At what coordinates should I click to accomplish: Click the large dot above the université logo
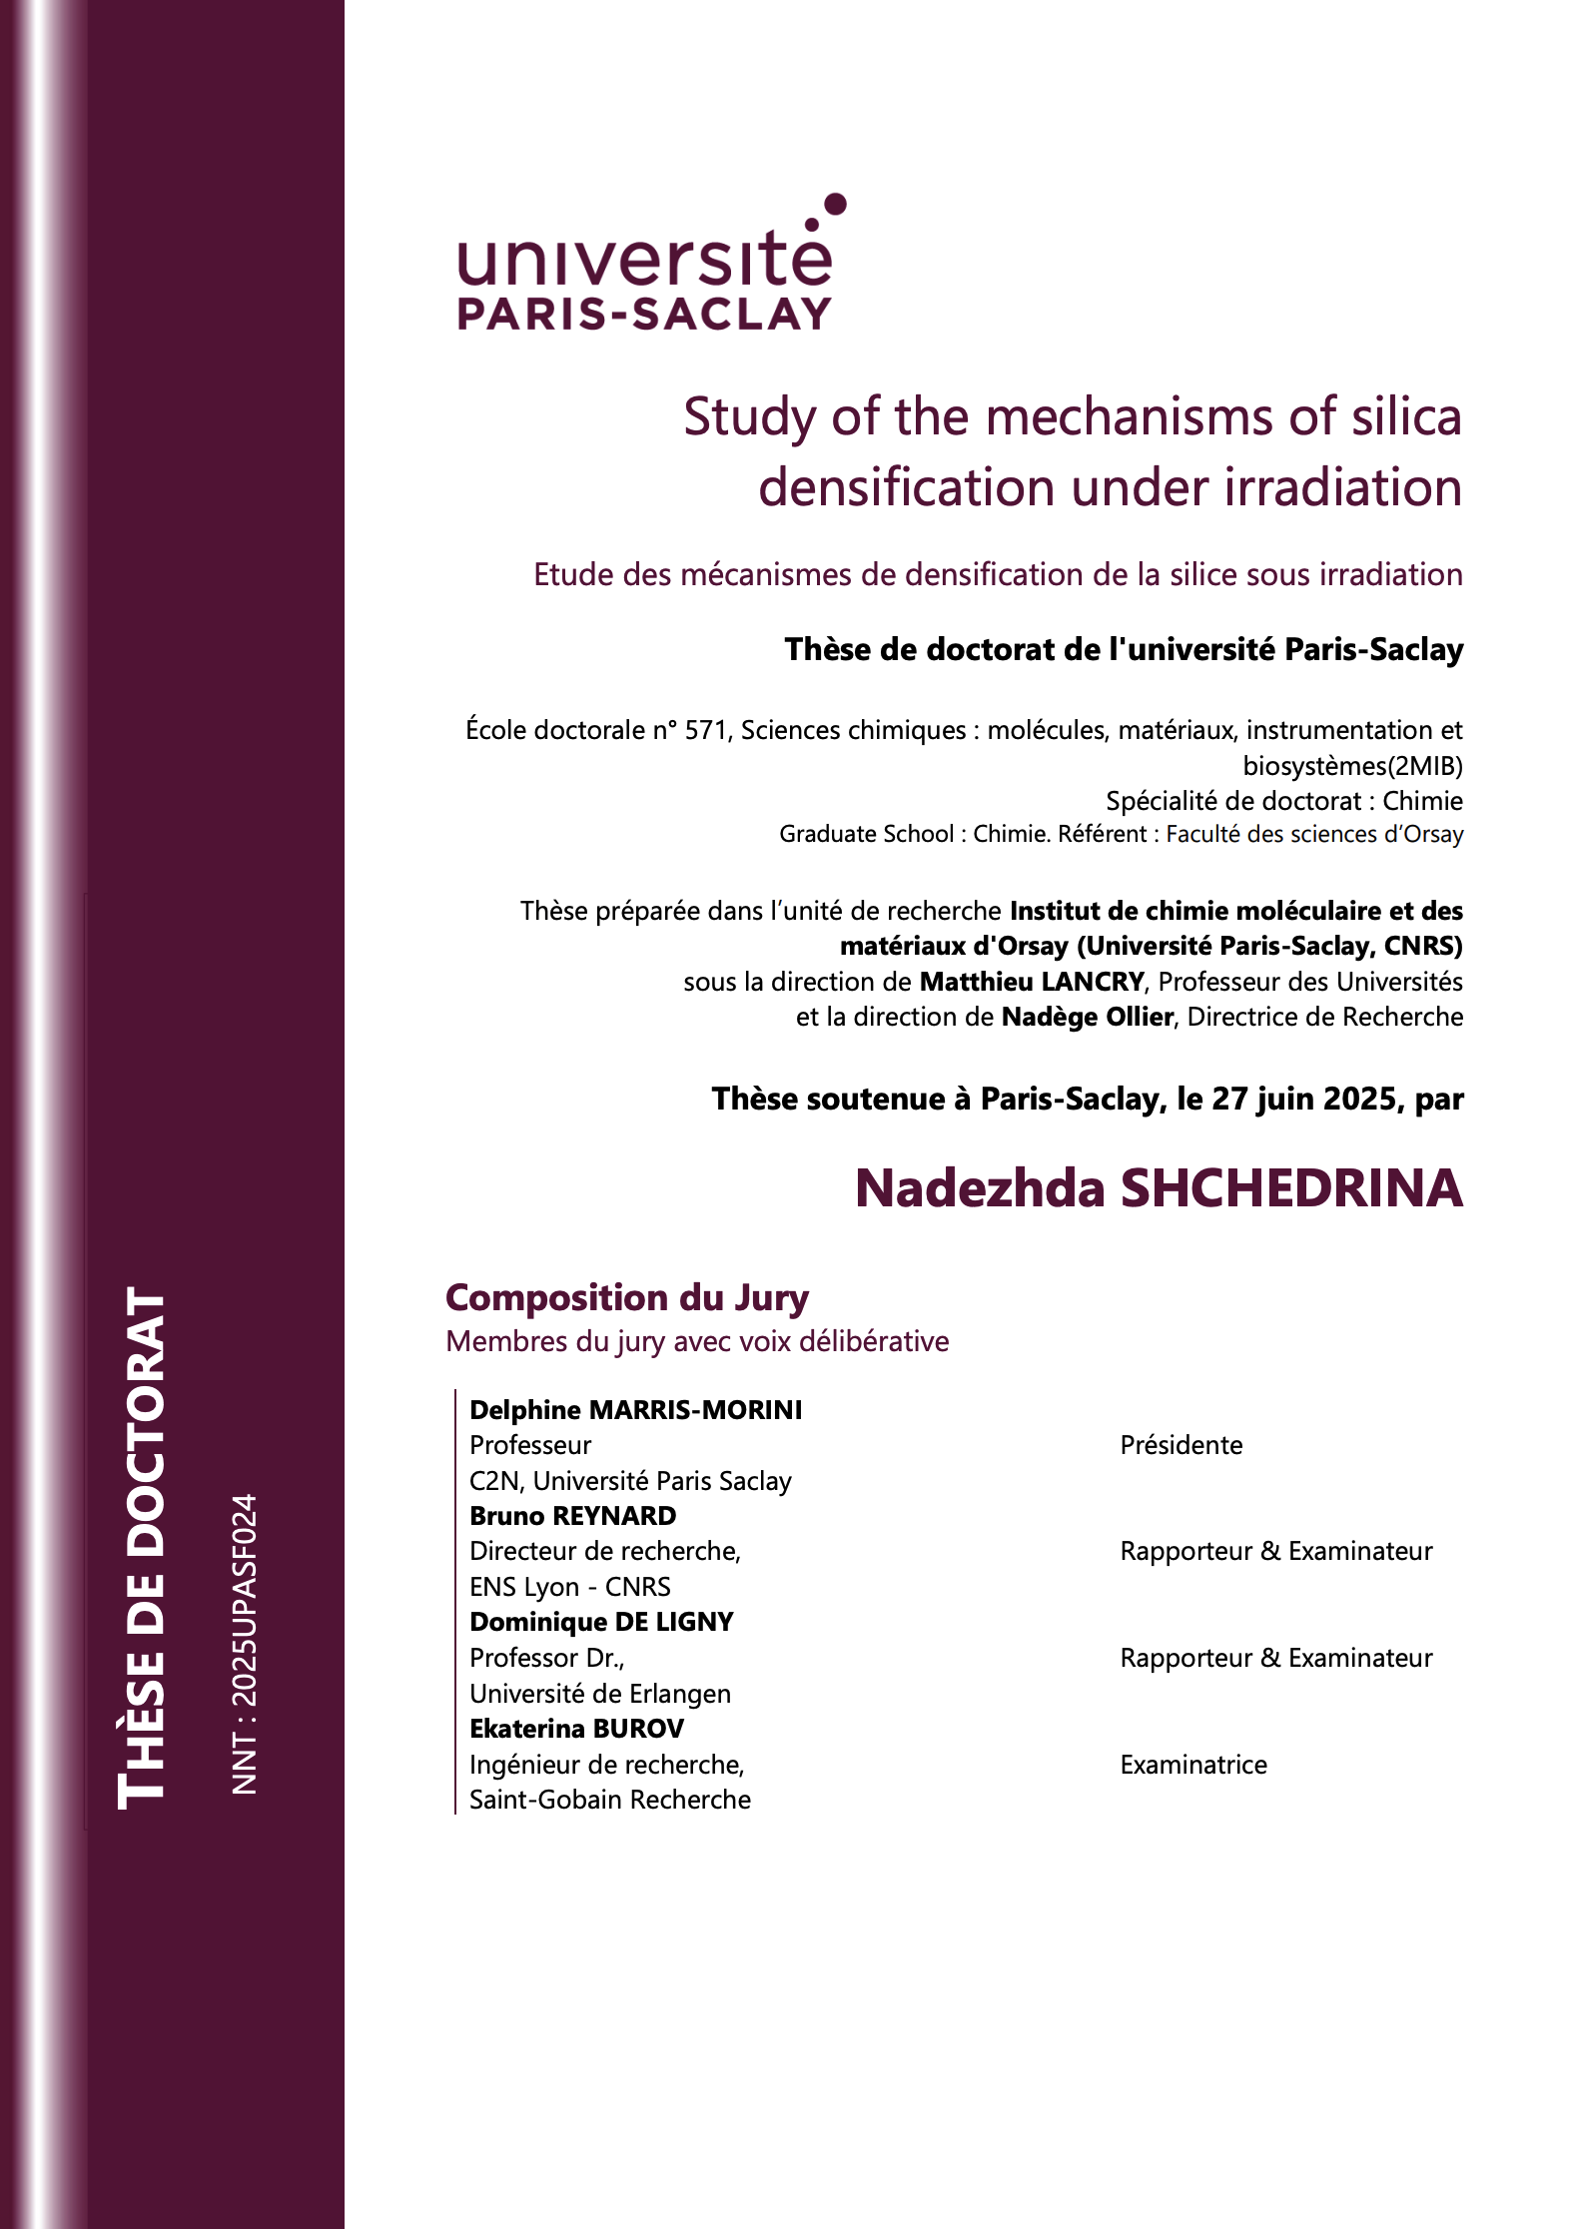click(x=836, y=205)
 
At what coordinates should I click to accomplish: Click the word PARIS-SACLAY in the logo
click(x=644, y=315)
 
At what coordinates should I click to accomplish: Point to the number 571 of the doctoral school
click(x=705, y=731)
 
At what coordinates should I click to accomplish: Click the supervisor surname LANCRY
click(x=1093, y=982)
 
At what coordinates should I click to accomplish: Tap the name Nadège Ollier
click(x=1087, y=1017)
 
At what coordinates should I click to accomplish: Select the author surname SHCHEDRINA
click(x=1291, y=1188)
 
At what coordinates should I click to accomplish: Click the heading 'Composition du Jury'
click(x=627, y=1297)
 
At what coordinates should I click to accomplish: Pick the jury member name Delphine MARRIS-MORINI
click(x=636, y=1410)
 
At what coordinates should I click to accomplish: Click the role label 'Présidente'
click(x=1181, y=1445)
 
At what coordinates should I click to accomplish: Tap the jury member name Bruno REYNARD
click(x=573, y=1516)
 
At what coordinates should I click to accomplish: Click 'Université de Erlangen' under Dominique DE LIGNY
click(x=600, y=1694)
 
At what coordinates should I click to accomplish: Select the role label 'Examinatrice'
click(x=1193, y=1765)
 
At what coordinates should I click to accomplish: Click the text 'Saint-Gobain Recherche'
click(x=610, y=1800)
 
